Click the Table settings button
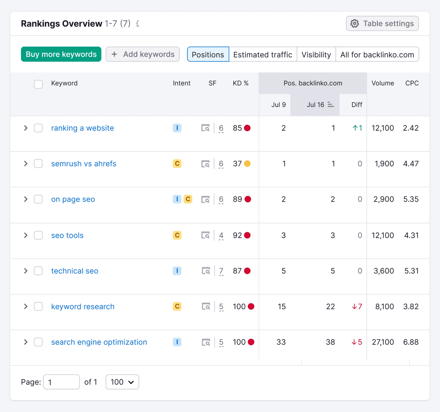(x=382, y=23)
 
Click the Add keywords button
(x=143, y=54)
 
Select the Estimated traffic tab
(x=263, y=55)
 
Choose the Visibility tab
(x=316, y=55)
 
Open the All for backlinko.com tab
(x=377, y=55)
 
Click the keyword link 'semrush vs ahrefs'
(x=84, y=164)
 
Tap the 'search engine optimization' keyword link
(x=99, y=342)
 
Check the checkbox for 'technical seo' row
(x=38, y=271)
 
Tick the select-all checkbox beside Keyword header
(x=38, y=84)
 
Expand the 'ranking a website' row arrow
(x=26, y=128)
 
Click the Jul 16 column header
(x=315, y=105)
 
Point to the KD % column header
(x=240, y=83)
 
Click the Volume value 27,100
(x=383, y=342)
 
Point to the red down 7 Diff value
(x=357, y=307)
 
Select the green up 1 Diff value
(x=357, y=128)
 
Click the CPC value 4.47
(x=411, y=164)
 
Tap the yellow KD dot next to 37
(x=248, y=164)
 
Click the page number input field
(x=61, y=382)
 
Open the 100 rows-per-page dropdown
(x=122, y=382)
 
